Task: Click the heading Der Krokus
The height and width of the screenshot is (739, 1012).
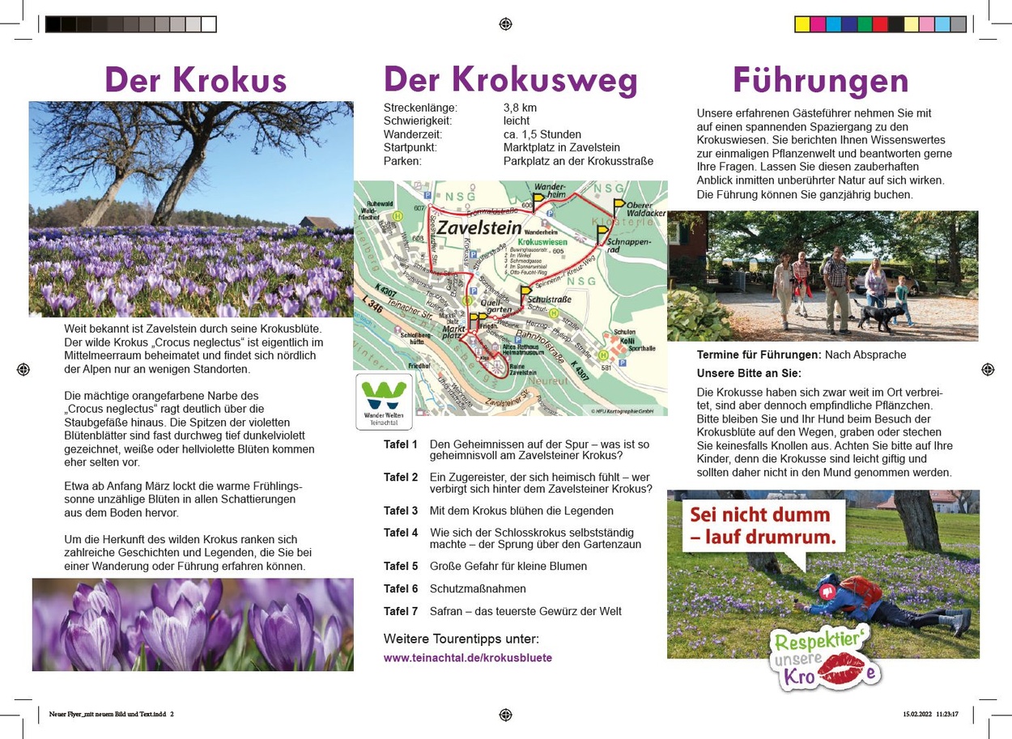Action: click(x=195, y=80)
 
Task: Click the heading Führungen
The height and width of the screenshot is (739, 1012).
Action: click(x=820, y=80)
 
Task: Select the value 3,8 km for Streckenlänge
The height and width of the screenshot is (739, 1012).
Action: click(x=520, y=108)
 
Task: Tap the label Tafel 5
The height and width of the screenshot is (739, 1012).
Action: click(x=401, y=566)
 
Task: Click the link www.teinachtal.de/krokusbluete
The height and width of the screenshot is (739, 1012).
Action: click(x=467, y=658)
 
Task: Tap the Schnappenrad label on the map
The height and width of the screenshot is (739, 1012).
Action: click(x=623, y=245)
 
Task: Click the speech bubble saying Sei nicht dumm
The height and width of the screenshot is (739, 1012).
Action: click(x=759, y=525)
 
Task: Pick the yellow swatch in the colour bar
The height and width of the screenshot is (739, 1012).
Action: click(x=802, y=24)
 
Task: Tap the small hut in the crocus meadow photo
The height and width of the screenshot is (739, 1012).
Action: click(x=319, y=222)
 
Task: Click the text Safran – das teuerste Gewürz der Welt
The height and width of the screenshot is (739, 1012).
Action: click(x=525, y=611)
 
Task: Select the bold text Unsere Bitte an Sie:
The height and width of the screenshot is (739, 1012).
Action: click(x=748, y=373)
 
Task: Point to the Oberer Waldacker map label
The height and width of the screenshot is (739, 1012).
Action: click(x=644, y=209)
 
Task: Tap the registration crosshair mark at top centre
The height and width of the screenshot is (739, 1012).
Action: click(x=506, y=24)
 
